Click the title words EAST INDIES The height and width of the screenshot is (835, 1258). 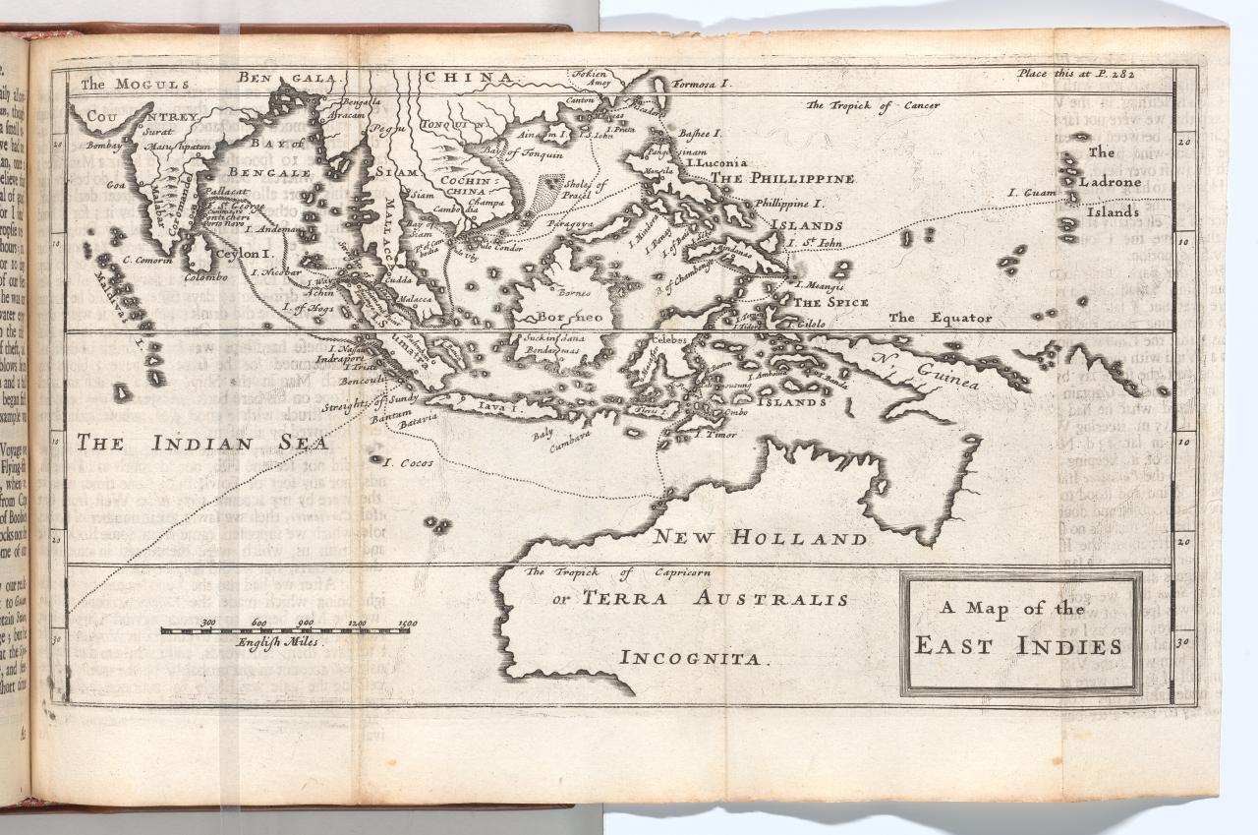pos(1018,646)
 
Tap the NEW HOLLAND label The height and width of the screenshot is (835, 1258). pos(761,538)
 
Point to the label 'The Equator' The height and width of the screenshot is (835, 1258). pos(940,318)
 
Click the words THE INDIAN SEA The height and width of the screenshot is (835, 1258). pos(202,444)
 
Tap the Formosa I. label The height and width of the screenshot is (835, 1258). pos(702,85)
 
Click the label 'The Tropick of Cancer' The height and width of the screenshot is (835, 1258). pos(873,105)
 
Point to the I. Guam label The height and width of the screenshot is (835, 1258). pos(1031,193)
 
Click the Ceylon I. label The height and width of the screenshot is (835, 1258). pos(242,254)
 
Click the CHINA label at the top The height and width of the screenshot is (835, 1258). pos(469,77)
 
